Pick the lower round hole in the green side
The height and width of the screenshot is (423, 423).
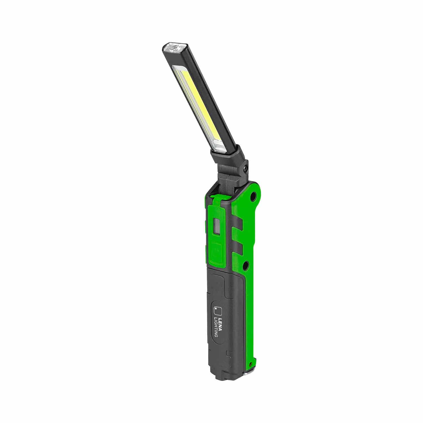(x=246, y=265)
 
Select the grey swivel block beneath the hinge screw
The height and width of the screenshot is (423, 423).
(x=229, y=175)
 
